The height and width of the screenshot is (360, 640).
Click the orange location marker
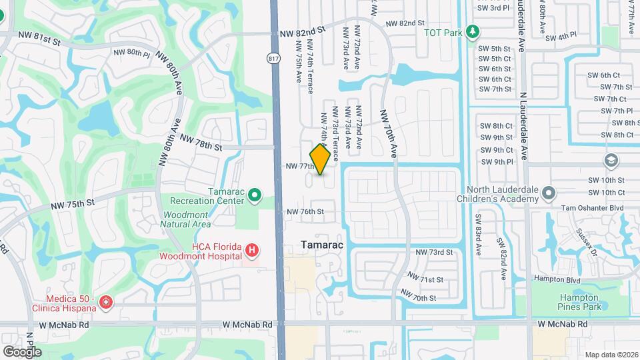click(320, 159)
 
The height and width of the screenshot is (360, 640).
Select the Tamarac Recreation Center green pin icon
click(254, 195)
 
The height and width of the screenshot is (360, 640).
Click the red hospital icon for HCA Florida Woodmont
click(252, 251)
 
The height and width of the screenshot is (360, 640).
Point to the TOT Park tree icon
click(473, 31)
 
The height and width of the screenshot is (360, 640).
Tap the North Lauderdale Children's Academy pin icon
click(549, 193)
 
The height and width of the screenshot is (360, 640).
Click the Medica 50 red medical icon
click(105, 303)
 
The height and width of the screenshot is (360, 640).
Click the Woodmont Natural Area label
click(185, 219)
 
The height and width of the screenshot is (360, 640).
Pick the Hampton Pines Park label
click(579, 301)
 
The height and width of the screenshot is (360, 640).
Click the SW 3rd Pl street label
click(494, 8)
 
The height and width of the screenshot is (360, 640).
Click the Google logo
click(22, 352)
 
